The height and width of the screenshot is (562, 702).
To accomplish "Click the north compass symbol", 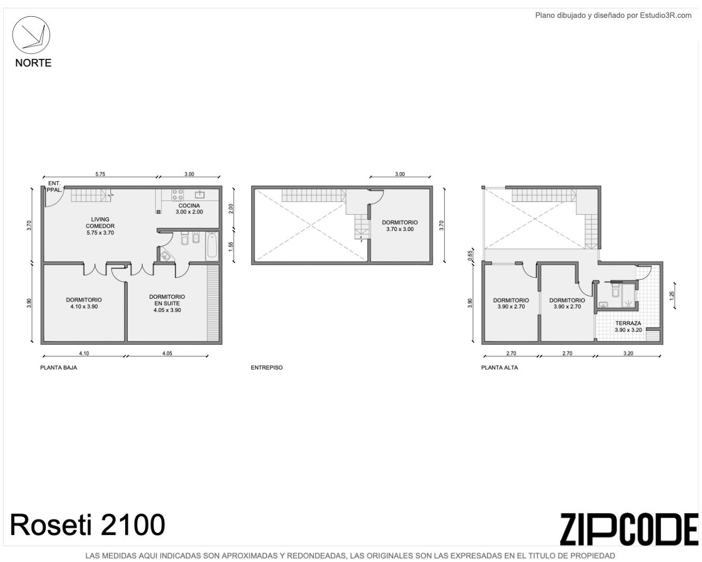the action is [x=31, y=35].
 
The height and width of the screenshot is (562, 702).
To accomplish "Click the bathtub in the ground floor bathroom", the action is [x=212, y=247].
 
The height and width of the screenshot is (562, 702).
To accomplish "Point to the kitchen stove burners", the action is [x=177, y=195].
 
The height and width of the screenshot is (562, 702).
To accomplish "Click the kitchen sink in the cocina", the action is [x=199, y=195].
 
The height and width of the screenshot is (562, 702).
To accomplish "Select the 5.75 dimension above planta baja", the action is [x=100, y=174].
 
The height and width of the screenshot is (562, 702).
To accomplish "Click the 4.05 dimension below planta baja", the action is [x=167, y=353].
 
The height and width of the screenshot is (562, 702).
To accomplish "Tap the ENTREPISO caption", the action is [x=267, y=368].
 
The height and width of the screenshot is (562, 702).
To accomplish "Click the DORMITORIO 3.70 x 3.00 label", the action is [x=400, y=226].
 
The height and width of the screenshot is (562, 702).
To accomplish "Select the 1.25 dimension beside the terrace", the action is [x=672, y=296].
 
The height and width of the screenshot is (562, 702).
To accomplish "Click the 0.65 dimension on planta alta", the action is [x=470, y=255].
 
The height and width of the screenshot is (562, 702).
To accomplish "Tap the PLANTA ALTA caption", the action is [x=500, y=368].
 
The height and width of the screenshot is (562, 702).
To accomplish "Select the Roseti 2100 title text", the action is [x=87, y=525].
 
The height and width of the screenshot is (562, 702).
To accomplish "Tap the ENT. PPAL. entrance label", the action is [x=54, y=186].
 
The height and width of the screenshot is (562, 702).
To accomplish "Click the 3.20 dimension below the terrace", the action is [x=628, y=353].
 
